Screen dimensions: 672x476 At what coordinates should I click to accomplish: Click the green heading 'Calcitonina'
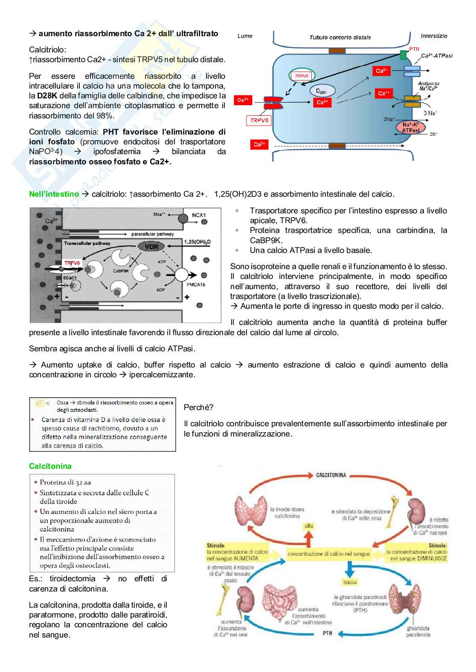pos(50,466)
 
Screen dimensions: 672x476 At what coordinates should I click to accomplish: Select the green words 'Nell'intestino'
pos(54,194)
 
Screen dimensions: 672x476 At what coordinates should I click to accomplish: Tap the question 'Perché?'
pos(198,407)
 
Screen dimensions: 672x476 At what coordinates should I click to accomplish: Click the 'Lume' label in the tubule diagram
pos(245,36)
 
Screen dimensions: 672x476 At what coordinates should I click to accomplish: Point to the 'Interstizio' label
pos(434,36)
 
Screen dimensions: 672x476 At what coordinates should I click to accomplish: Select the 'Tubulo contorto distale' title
pos(340,37)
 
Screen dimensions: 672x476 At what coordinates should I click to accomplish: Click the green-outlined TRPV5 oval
pos(302,76)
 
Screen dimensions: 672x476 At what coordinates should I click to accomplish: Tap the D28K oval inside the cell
pos(322,90)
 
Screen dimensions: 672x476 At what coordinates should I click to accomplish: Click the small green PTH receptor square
pos(403,55)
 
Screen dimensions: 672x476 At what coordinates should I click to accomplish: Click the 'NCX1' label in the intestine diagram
pos(199,215)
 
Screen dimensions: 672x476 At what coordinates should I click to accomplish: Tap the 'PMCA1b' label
pos(196,284)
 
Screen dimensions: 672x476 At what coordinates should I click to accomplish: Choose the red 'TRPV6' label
pos(73,263)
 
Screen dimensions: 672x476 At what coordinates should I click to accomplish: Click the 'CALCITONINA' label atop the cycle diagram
pos(331,475)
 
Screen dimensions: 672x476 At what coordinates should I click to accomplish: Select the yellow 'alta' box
pos(309,526)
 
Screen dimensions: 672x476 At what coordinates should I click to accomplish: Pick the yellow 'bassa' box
pos(350,582)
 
